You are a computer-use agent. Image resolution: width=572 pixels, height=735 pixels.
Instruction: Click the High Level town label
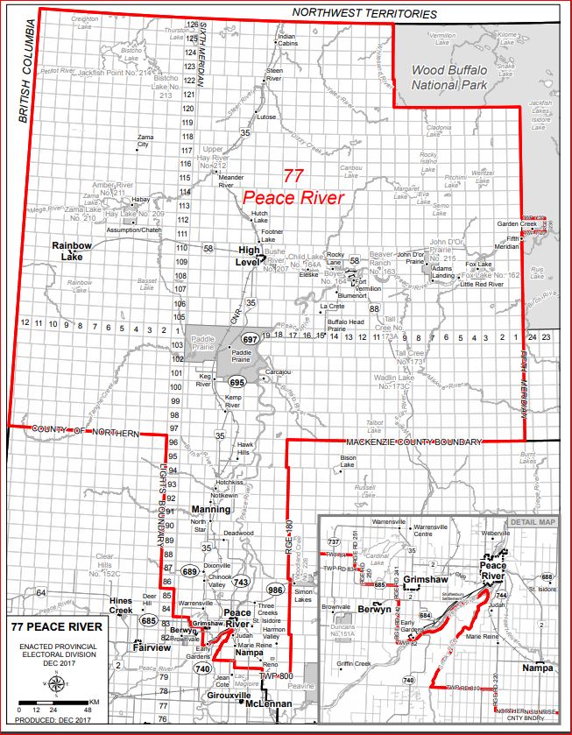coord(250,255)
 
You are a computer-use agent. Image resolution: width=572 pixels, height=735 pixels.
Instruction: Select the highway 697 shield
coord(250,339)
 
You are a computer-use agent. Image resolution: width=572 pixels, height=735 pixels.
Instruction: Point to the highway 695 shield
coord(237,383)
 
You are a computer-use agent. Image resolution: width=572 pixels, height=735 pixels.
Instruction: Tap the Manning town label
coord(211,509)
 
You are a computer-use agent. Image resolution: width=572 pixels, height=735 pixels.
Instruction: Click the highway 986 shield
coord(274,589)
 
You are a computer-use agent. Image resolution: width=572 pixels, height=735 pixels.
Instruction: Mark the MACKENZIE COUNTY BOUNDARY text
coord(412,442)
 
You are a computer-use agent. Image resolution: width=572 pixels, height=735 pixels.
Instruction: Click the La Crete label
coord(332,307)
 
